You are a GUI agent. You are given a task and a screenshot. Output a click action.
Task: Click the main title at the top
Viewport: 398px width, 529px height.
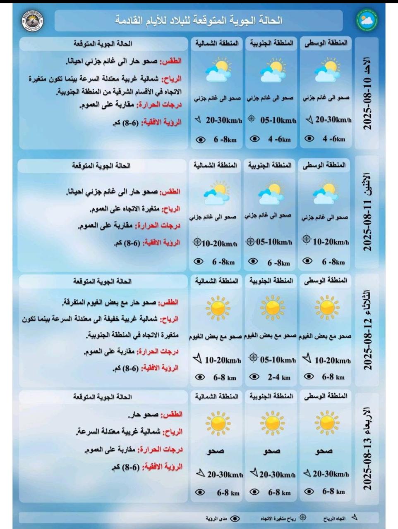[199, 20]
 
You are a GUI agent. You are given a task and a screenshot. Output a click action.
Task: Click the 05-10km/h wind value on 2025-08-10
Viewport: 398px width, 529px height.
[278, 120]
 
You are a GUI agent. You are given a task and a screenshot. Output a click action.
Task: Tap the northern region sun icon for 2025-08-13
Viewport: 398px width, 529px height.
[218, 423]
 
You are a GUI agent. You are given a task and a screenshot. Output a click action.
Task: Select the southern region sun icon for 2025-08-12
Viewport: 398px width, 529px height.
[272, 308]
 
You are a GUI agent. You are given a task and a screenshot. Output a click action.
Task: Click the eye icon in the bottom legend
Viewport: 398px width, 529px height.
[235, 518]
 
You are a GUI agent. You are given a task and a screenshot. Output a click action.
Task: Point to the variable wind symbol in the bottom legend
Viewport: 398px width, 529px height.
[303, 517]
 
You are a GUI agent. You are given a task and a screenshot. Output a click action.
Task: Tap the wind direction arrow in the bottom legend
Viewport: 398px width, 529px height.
[354, 517]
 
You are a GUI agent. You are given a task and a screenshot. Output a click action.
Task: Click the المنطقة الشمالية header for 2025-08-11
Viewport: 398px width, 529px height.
[215, 165]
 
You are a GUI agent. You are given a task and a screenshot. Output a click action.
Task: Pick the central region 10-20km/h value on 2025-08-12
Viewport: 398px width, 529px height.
[332, 360]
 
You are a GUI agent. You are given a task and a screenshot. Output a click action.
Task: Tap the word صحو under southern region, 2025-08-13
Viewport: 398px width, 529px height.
[271, 451]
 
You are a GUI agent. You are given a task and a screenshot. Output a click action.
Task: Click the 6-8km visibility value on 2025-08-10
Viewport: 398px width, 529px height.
[225, 140]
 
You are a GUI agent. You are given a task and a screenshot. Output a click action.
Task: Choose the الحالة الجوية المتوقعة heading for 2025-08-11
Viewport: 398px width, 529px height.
[101, 166]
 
